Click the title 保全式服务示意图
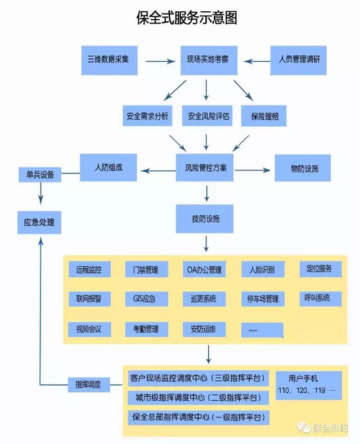(187, 18)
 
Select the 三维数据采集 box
(110, 60)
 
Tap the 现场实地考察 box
(209, 60)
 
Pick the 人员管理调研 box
(299, 60)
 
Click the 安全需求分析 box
(147, 116)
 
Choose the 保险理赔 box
(264, 116)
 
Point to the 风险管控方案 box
(205, 167)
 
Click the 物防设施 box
(303, 168)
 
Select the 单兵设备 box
(40, 174)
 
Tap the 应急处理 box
(39, 223)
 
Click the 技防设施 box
(205, 219)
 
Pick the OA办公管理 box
(204, 269)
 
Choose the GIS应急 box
(147, 299)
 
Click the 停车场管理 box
(263, 299)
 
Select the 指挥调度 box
(89, 384)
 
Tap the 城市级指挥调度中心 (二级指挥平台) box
(199, 398)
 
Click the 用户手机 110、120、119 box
(309, 386)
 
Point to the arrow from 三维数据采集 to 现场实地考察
(160, 61)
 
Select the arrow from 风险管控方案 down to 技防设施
(206, 193)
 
